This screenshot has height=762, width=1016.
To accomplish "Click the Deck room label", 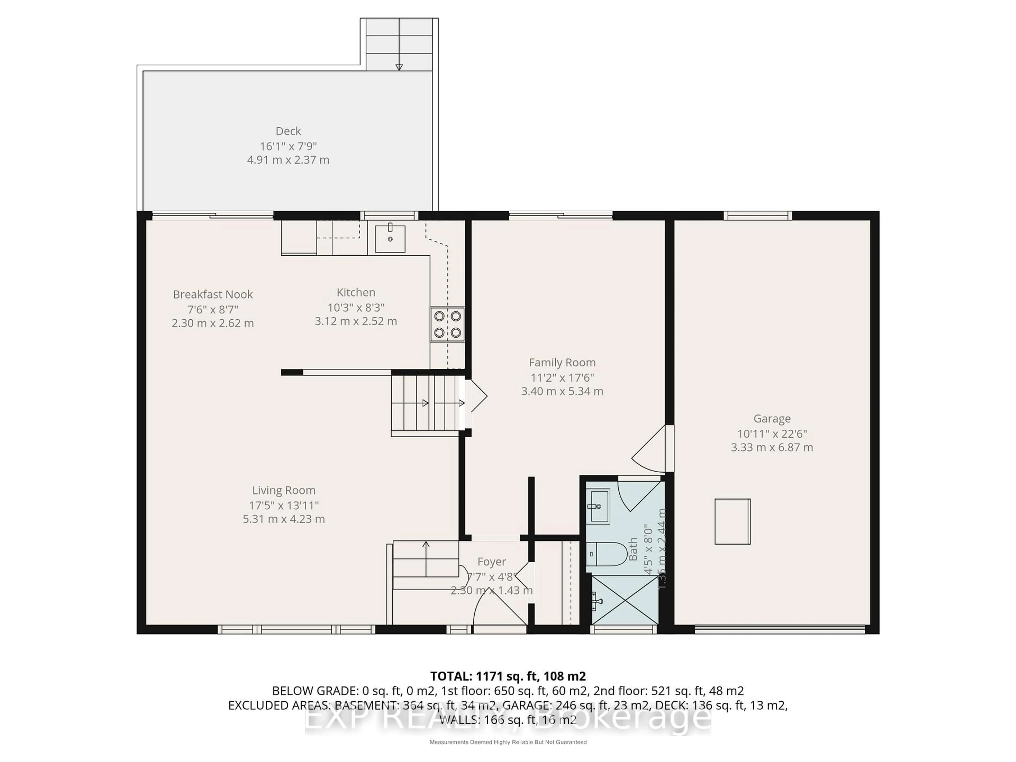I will click(x=288, y=131).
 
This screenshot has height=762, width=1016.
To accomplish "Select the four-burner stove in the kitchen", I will click(x=447, y=324).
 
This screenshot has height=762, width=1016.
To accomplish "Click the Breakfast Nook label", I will click(x=213, y=294).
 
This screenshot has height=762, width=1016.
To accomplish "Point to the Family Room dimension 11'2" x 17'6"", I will click(x=562, y=378).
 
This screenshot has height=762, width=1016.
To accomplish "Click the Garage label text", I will click(x=772, y=419).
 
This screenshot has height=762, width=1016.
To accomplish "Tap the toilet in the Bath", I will click(x=606, y=554).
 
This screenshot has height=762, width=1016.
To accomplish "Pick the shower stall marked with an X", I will click(x=625, y=600).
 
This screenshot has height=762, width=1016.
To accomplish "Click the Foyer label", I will click(x=492, y=562).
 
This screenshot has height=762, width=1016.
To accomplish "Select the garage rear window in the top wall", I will click(x=758, y=215).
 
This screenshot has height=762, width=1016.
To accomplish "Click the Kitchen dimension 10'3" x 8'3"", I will click(x=356, y=307).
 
